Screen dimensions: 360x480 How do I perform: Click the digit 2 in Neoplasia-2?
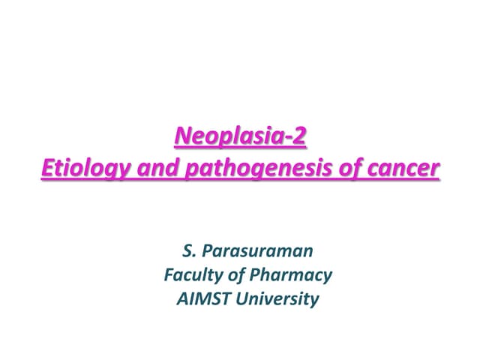(300, 137)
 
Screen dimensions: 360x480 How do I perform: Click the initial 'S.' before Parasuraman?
(188, 250)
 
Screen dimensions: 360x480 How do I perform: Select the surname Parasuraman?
(257, 250)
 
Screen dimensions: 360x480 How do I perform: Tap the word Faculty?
(190, 275)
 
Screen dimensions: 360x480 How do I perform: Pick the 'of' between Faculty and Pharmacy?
(233, 275)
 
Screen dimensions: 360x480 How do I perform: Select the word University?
(277, 299)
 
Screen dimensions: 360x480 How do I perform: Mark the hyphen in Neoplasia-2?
(289, 139)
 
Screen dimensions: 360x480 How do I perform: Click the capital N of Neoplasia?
(182, 137)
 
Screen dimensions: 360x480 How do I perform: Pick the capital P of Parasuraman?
(208, 250)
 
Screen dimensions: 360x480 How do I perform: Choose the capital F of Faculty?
(168, 275)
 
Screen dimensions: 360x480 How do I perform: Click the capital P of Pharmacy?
(255, 275)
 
